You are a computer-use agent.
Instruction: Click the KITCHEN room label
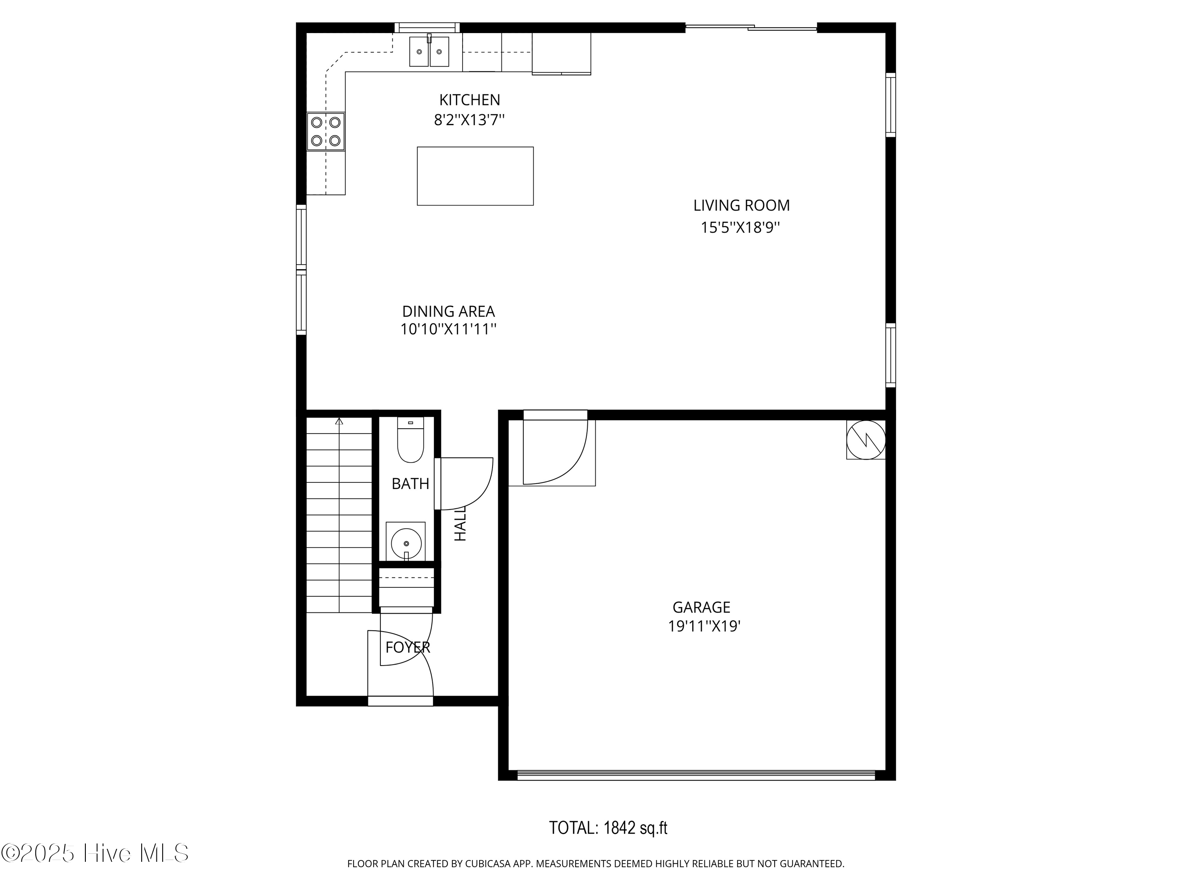point(469,100)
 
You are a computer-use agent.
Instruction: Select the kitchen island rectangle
point(475,176)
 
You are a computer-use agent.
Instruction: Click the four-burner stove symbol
point(325,131)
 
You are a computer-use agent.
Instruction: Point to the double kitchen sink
point(429,52)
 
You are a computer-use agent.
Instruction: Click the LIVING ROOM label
point(741,205)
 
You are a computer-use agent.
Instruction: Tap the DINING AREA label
point(448,312)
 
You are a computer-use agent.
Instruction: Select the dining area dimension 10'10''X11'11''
point(448,329)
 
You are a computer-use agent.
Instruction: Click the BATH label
point(410,484)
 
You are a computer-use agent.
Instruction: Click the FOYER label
point(408,647)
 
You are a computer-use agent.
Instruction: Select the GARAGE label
point(701,607)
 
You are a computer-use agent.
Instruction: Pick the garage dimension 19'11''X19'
point(704,626)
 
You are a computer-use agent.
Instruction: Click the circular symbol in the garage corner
point(865,440)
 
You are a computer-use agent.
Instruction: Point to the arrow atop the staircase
point(339,422)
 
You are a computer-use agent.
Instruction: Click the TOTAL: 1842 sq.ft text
point(608,828)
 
